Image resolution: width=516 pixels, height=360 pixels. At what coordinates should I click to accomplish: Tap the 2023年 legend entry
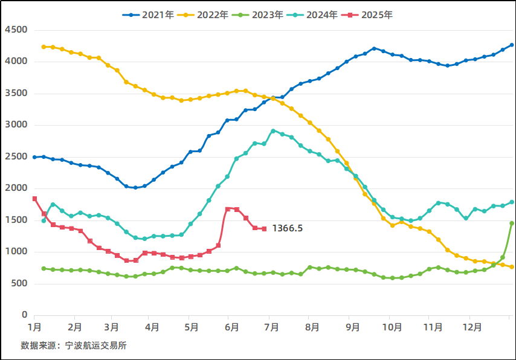[x=256, y=15]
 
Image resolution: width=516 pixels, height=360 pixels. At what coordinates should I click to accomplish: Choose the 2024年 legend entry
[x=311, y=15]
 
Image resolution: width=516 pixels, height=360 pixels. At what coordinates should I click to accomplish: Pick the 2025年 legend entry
[x=366, y=15]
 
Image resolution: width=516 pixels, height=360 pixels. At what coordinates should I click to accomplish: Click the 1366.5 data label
[x=288, y=228]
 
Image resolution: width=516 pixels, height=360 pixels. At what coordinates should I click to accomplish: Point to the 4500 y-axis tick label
[x=15, y=30]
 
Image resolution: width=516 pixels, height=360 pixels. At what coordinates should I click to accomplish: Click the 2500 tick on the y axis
[x=15, y=156]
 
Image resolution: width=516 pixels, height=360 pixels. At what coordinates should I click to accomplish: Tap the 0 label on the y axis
[x=25, y=315]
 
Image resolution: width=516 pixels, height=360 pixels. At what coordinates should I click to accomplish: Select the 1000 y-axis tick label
[x=15, y=252]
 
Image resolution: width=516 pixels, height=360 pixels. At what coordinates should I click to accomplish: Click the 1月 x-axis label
[x=34, y=327]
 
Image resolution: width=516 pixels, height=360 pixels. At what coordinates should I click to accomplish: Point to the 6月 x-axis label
[x=231, y=327]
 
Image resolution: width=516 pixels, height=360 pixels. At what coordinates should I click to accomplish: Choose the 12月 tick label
[x=471, y=327]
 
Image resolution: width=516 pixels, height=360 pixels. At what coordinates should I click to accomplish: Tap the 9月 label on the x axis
[x=353, y=327]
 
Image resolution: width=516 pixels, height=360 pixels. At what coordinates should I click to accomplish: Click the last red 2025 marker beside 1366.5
[x=264, y=228]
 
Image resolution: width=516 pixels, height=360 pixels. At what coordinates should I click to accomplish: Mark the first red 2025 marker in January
[x=34, y=199]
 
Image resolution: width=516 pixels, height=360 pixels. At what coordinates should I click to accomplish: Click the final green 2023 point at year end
[x=512, y=223]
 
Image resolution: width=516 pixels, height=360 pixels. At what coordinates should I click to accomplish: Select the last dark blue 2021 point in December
[x=512, y=45]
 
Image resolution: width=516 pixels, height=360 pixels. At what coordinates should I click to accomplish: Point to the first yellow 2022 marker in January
[x=44, y=47]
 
